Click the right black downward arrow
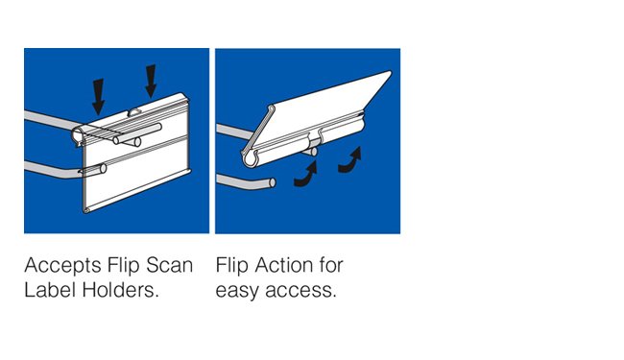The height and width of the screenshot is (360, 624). (151, 82)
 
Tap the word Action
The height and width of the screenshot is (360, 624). (288, 264)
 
